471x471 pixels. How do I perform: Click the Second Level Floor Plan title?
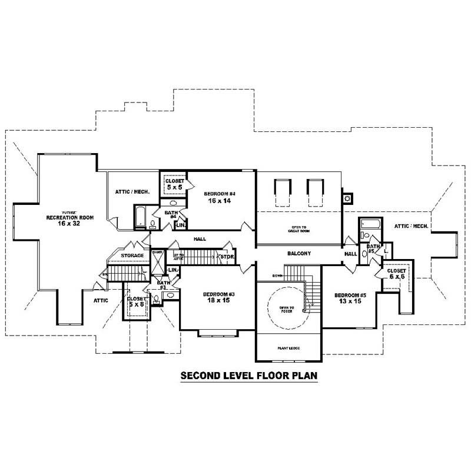tap(249, 375)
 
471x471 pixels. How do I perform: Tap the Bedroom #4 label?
tap(220, 197)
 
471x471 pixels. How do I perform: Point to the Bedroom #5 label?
tap(350, 298)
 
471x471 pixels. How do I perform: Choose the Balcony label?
tap(299, 253)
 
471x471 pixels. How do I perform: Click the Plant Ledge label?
tap(288, 349)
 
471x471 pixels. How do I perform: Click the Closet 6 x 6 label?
tap(396, 273)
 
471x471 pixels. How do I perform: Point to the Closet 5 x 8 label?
tap(136, 301)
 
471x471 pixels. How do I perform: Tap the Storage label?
tap(132, 256)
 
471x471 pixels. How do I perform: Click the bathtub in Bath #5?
tap(371, 224)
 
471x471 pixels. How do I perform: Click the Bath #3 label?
tap(162, 286)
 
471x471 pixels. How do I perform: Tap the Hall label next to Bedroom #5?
tap(351, 254)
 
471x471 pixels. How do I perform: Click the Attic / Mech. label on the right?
tap(410, 226)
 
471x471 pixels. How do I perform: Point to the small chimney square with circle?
tap(347, 198)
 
